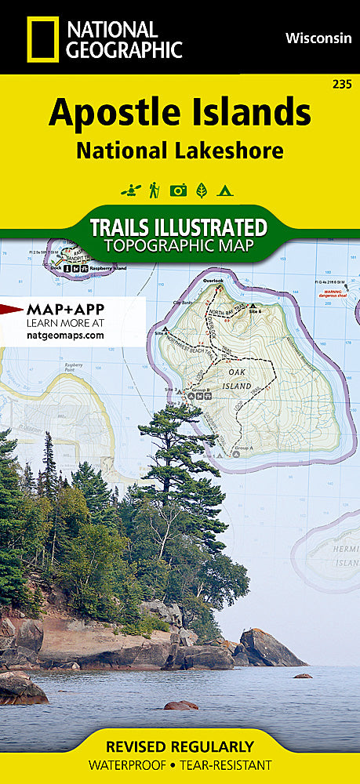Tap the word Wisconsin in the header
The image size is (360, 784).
pos(318,37)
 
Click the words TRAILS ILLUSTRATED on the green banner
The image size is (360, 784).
pos(178,227)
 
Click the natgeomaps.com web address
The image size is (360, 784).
pos(65,335)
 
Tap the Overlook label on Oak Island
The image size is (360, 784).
pos(213,280)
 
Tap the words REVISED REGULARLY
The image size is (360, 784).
pos(180,746)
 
